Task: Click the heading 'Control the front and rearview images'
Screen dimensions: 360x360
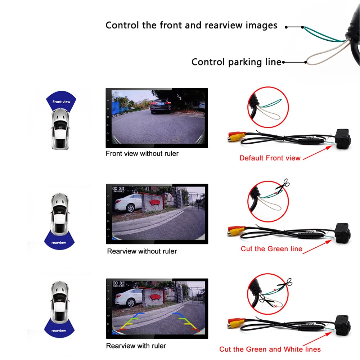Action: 191,25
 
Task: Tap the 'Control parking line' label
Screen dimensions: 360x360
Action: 236,62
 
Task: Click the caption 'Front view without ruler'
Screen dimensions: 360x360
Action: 142,153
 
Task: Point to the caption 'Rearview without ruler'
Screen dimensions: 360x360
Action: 142,251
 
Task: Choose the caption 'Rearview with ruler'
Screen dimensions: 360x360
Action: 136,346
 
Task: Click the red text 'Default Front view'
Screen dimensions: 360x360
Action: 270,158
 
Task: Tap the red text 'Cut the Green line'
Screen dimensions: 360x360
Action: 271,249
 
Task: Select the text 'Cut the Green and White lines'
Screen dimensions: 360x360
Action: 270,349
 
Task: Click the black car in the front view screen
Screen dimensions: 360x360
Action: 161,106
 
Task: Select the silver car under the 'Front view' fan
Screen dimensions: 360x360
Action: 60,129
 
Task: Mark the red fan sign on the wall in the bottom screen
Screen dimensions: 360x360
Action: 155,297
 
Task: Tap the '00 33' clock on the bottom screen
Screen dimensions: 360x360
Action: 118,283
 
